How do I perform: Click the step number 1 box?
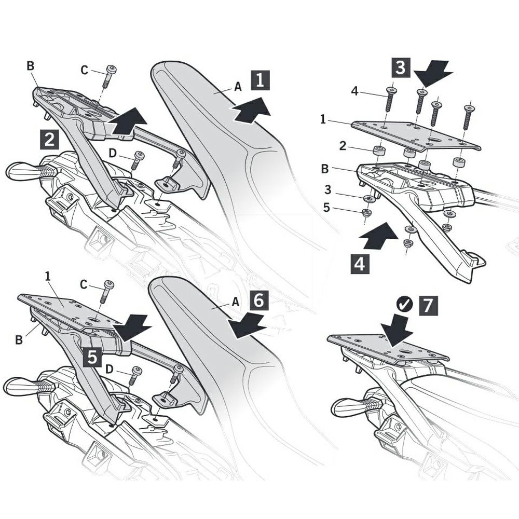click(x=260, y=80)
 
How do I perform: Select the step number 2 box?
click(x=49, y=139)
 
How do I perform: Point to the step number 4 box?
click(x=360, y=265)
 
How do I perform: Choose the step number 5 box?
click(x=92, y=358)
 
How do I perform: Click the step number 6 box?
click(x=259, y=301)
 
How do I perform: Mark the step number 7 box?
click(x=428, y=305)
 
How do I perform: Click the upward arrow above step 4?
click(x=378, y=236)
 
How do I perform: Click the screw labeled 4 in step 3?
click(x=390, y=99)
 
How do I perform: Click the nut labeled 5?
click(x=365, y=213)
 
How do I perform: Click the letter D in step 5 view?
click(x=109, y=368)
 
